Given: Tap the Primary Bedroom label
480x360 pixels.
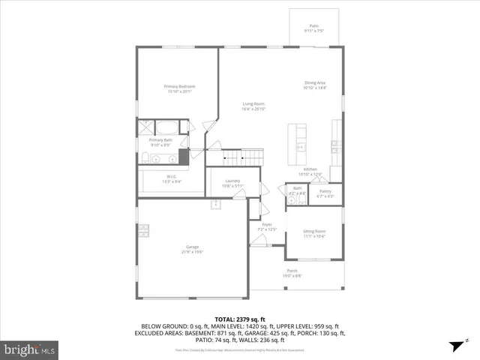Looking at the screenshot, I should (x=180, y=86).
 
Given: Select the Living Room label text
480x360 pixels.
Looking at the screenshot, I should (x=253, y=103).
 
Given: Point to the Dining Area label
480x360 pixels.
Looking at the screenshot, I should (x=314, y=82).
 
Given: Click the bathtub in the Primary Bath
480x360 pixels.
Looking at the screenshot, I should (x=166, y=127).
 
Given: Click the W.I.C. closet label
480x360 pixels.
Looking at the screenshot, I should (x=172, y=177).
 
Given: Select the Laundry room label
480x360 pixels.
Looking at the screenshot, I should (x=232, y=181).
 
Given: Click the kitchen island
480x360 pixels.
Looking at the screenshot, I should (x=301, y=143).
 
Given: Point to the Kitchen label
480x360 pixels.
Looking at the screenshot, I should (x=310, y=169).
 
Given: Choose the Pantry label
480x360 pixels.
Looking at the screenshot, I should (x=325, y=191).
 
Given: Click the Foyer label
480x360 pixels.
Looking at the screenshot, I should (x=267, y=224).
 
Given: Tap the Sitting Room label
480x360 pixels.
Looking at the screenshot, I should (x=314, y=232).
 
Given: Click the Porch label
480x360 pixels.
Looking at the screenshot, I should (x=292, y=271).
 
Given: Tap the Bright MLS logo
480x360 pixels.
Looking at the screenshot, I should (x=30, y=349).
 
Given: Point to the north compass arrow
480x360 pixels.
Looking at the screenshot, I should (x=454, y=346).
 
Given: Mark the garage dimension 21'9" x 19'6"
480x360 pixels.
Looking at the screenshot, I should (x=193, y=252).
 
